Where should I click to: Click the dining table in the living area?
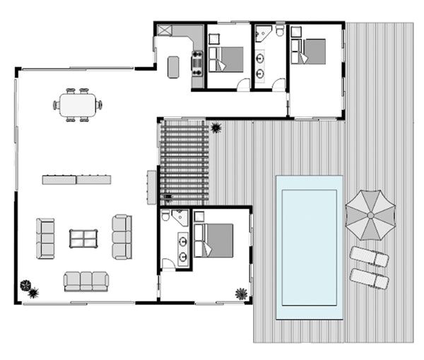click(77, 105)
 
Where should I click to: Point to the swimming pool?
click(309, 246)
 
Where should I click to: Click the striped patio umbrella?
click(370, 214)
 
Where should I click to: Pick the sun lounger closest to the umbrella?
click(369, 257)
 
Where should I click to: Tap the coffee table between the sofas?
click(83, 238)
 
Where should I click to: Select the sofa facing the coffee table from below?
click(86, 281)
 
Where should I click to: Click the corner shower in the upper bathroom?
click(264, 34)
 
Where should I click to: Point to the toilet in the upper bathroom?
click(280, 31)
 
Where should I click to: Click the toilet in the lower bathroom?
click(166, 217)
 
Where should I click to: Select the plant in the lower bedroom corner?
click(241, 293)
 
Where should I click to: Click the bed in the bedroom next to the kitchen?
click(226, 59)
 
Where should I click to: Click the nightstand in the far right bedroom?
click(296, 31)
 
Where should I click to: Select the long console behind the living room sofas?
click(76, 179)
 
